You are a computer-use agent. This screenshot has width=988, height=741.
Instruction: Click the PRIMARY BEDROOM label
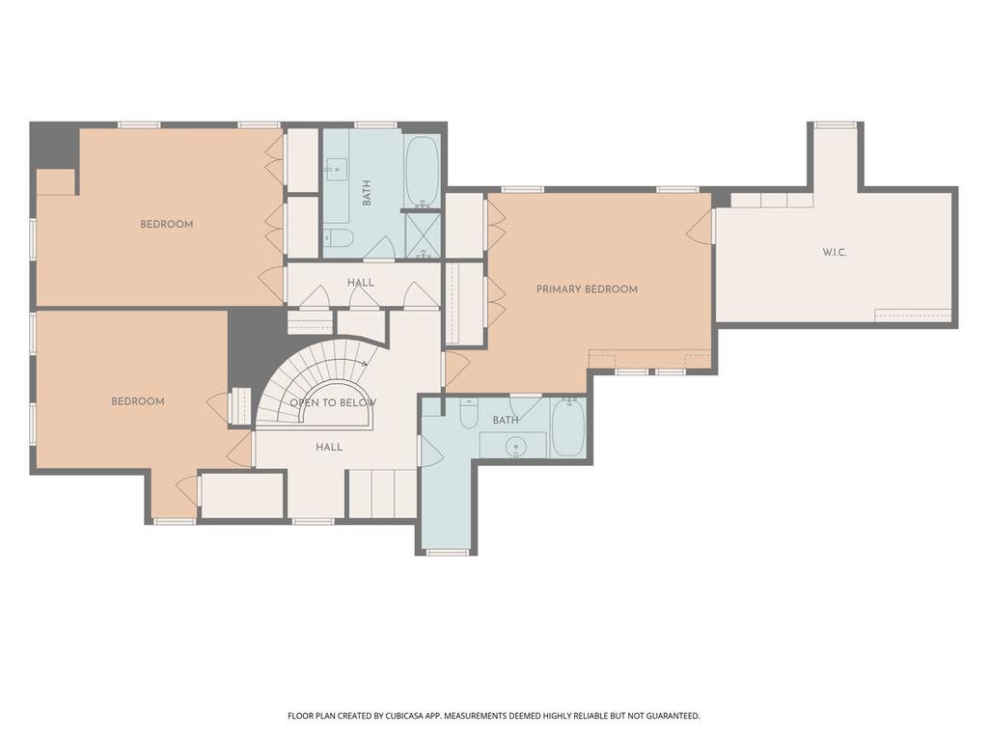click(587, 289)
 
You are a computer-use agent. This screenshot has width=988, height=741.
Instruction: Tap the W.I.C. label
click(834, 253)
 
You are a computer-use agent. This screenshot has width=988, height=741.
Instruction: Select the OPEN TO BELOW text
click(333, 402)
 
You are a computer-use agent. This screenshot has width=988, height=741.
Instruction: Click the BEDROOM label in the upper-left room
click(166, 224)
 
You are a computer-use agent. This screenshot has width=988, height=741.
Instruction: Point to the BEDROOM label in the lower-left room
click(137, 401)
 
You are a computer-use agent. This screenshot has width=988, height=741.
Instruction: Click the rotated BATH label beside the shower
click(366, 192)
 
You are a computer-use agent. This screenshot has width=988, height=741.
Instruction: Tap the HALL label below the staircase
click(329, 448)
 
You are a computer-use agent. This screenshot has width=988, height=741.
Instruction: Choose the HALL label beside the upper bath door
click(361, 283)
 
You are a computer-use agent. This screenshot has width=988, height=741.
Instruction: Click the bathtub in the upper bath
click(423, 171)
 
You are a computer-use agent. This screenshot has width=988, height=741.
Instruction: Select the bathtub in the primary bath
click(568, 427)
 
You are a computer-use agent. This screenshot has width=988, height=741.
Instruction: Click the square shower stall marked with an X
click(423, 235)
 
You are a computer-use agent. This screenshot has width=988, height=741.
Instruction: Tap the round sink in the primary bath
click(516, 447)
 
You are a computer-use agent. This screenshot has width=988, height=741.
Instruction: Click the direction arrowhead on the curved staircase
click(365, 364)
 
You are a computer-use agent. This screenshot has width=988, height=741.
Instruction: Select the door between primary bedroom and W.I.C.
click(700, 226)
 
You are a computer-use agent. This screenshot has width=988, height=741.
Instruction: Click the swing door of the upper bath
click(379, 248)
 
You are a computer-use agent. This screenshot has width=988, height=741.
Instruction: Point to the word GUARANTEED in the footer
click(674, 716)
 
